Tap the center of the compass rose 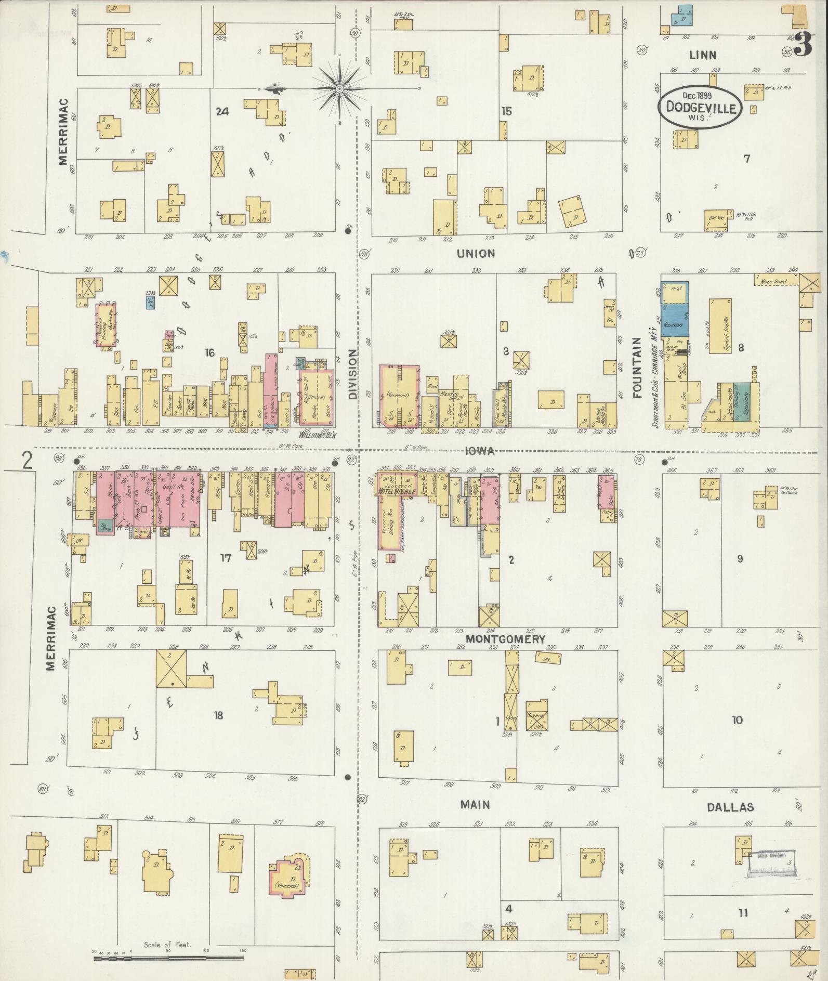point(339,89)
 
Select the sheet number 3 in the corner point(803,44)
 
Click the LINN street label point(702,55)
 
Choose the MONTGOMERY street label point(505,639)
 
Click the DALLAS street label point(730,807)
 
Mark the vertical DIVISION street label point(353,374)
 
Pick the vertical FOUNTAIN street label point(637,367)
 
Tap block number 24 point(222,111)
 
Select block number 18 point(218,715)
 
